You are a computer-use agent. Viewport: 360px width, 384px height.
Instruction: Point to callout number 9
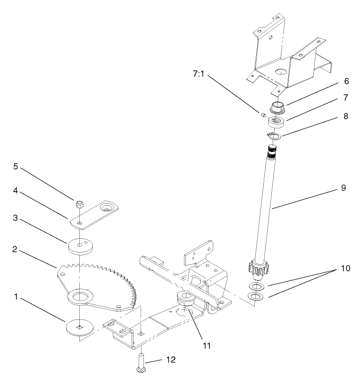click(343, 188)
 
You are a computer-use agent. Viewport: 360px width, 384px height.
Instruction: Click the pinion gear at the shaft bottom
click(257, 270)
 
